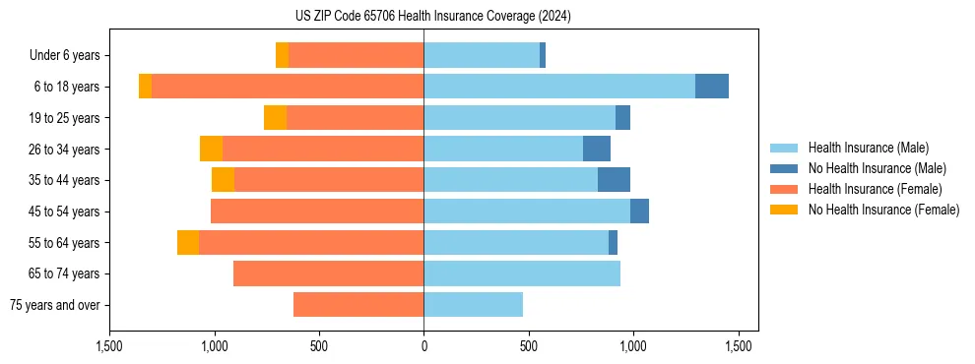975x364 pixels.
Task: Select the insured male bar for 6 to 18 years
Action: pos(559,87)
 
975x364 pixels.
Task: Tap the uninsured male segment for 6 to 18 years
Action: pos(712,87)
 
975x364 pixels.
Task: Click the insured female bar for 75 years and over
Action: pos(358,305)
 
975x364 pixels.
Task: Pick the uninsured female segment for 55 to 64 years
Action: pos(188,243)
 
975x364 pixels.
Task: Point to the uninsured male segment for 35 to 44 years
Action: pos(614,180)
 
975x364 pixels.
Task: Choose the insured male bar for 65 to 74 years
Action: pos(522,273)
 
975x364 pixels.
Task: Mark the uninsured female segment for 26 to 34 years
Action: pos(211,149)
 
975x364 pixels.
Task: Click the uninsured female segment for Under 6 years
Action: pos(282,55)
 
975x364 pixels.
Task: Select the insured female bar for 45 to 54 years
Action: pos(317,212)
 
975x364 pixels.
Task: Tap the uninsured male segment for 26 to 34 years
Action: pos(597,149)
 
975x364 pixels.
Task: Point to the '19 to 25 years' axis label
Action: pos(64,118)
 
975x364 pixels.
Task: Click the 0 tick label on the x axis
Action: pos(423,346)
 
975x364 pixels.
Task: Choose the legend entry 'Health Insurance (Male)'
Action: pos(868,148)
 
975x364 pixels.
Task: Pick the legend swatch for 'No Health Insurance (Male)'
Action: pos(785,168)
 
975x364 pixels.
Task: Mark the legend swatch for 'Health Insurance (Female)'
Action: pos(785,189)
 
